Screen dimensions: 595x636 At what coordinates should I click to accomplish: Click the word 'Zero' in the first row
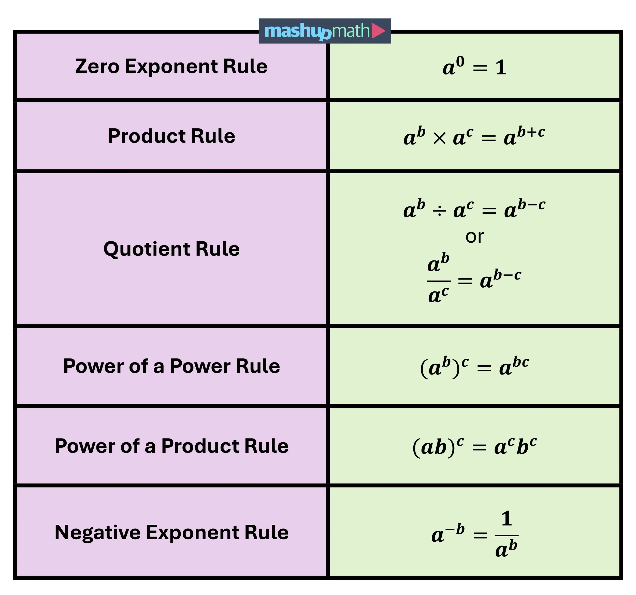(97, 67)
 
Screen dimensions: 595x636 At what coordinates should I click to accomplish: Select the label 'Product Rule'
(171, 136)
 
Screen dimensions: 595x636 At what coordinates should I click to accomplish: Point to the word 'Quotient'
(147, 249)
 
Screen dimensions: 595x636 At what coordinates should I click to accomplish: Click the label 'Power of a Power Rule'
(171, 366)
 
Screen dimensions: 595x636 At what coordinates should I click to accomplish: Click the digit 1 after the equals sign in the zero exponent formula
(501, 68)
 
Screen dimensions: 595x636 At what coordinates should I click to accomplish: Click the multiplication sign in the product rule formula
(439, 139)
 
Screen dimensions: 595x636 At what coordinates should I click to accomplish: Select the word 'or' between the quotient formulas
(474, 237)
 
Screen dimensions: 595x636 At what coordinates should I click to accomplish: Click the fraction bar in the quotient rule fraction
(439, 281)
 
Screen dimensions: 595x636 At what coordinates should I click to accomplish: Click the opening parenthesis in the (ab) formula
(416, 447)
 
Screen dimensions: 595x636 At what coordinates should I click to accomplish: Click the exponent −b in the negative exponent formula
(455, 529)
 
